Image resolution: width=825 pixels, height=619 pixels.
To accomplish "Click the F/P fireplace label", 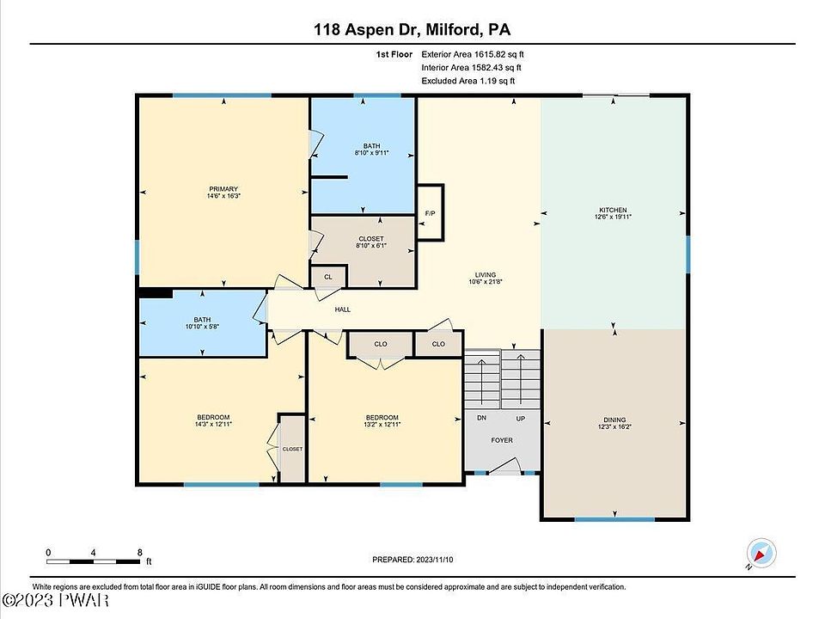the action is tap(430, 213).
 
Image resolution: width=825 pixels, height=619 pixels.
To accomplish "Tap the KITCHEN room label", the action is tap(613, 210).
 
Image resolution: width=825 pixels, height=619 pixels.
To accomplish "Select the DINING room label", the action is tap(614, 420).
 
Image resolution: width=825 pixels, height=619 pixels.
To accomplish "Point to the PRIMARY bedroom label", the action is tap(223, 189).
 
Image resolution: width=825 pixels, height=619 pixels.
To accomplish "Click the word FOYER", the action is tap(502, 440).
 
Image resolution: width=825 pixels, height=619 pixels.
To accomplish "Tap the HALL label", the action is tap(343, 309).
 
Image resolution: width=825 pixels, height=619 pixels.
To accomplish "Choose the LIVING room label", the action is tap(485, 275).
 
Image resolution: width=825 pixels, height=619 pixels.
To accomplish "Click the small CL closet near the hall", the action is tap(328, 277).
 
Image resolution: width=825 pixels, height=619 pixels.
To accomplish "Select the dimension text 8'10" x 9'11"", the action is tap(371, 153).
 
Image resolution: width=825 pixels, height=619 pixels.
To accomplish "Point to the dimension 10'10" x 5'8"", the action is tap(202, 327).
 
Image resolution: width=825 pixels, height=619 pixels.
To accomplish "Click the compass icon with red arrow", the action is tap(761, 554).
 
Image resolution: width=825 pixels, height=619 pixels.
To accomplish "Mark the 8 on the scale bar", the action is tap(140, 552).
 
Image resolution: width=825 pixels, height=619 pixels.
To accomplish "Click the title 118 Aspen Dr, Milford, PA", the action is tap(412, 29).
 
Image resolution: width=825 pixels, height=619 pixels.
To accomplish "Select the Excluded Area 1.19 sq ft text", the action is tap(468, 81).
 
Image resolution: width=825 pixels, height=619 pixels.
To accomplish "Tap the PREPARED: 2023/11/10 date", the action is tap(412, 560).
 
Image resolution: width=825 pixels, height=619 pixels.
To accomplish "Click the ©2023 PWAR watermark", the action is tap(55, 600).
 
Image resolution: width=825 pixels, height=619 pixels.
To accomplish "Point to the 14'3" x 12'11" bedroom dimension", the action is tap(213, 424).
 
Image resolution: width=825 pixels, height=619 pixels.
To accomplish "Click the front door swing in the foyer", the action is tap(504, 466).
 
